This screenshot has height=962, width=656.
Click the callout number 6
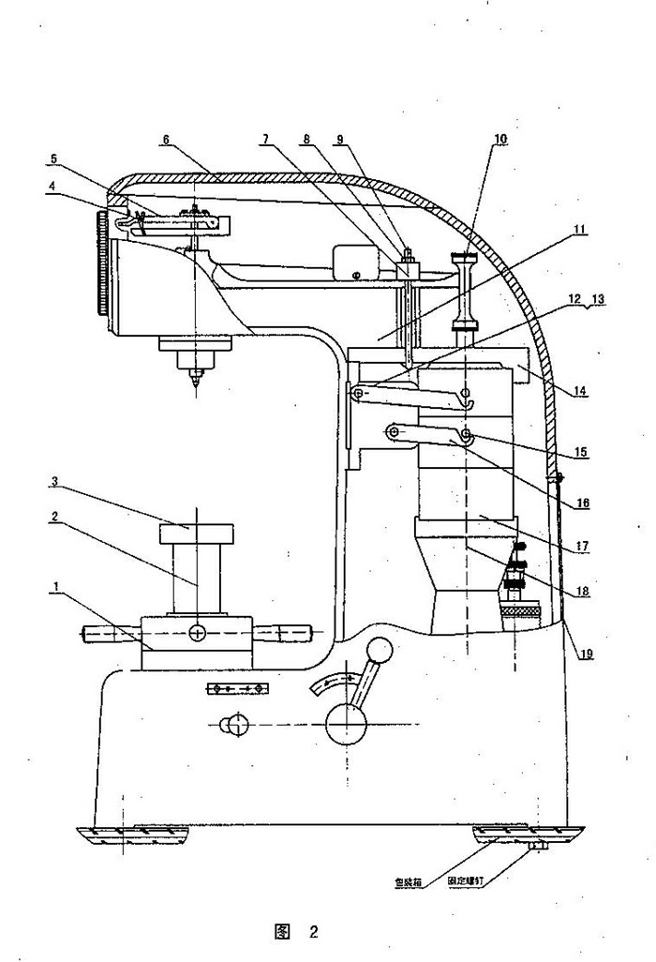click(165, 140)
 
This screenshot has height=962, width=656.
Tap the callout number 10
click(500, 139)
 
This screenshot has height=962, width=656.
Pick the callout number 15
click(581, 452)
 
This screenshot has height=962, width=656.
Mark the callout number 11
click(580, 228)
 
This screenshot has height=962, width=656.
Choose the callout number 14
click(582, 392)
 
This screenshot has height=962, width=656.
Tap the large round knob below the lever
click(344, 725)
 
